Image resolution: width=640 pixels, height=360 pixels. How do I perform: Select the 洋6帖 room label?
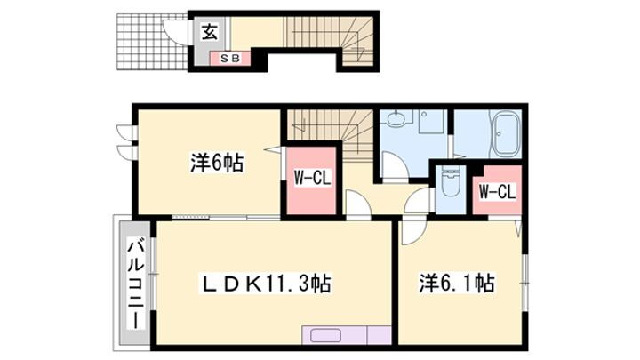[217, 164]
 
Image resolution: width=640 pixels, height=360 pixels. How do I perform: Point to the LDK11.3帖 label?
[265, 284]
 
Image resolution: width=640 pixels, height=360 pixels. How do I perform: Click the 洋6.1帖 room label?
[457, 284]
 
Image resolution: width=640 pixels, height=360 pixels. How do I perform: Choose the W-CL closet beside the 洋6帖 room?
[311, 178]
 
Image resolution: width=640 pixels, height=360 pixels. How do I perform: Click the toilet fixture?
[450, 185]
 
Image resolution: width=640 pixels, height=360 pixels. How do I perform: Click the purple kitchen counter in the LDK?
[346, 335]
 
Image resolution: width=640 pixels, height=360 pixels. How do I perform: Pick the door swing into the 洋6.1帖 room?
[412, 233]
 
